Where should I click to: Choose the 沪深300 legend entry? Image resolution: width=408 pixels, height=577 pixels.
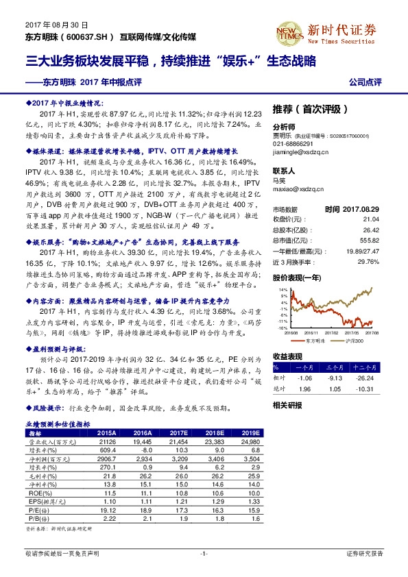pyautogui.click(x=353, y=339)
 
